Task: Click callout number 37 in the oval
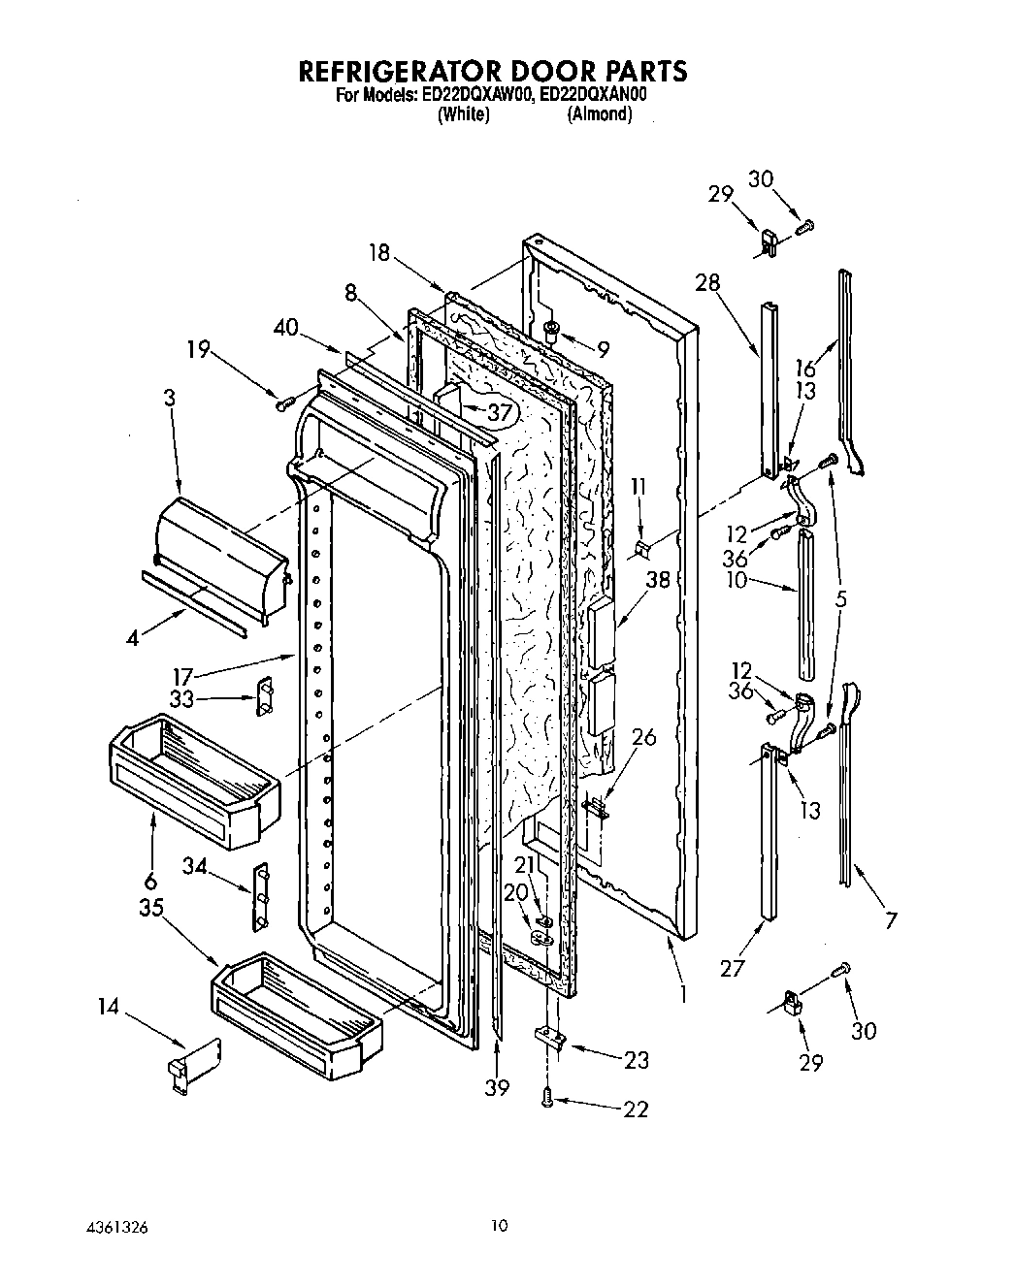coord(499,412)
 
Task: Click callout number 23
coord(636,1060)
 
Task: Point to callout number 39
coord(497,1088)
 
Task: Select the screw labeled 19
coord(283,401)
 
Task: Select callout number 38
coord(659,581)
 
